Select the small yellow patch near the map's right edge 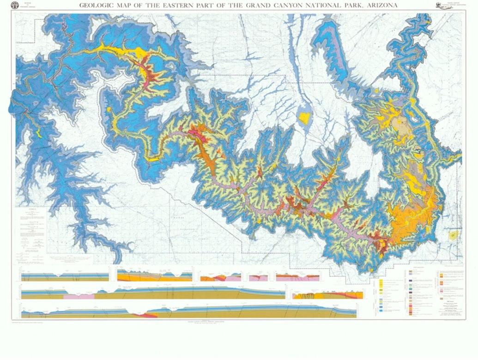pyautogui.click(x=454, y=235)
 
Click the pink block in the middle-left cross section pyautogui.click(x=79, y=295)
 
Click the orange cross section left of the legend pyautogui.click(x=327, y=294)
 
